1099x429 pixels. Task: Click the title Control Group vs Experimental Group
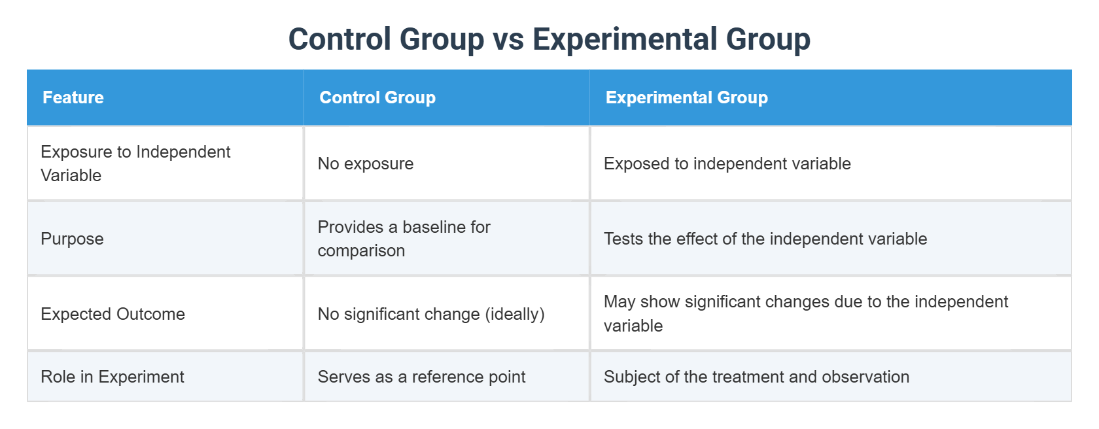[549, 39]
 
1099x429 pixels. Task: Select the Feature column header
[73, 97]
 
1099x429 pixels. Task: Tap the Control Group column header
[377, 97]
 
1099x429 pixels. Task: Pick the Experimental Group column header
[686, 97]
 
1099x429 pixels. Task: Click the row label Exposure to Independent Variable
[135, 163]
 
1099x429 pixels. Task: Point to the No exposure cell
[366, 163]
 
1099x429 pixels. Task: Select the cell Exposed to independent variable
[727, 163]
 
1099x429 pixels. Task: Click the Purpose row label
[72, 239]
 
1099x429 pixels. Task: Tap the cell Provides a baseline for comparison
[404, 239]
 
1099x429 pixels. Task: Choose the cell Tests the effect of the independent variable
[765, 239]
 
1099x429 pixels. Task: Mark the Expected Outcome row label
[113, 314]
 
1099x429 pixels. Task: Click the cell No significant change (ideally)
[431, 314]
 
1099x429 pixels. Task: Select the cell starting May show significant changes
[805, 313]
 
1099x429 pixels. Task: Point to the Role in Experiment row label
[113, 377]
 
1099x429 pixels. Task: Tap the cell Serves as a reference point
[421, 377]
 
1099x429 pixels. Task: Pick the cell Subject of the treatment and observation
[756, 377]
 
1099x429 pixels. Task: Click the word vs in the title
[508, 39]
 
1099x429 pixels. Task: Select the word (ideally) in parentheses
[515, 314]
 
